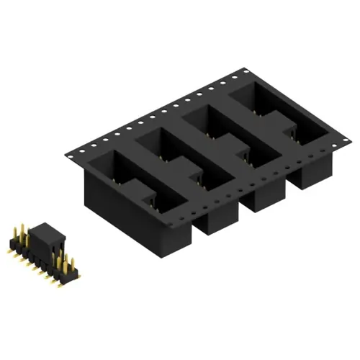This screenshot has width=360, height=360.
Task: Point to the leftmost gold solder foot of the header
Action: [x=9, y=247]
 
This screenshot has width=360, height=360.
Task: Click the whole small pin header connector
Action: [x=42, y=252]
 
